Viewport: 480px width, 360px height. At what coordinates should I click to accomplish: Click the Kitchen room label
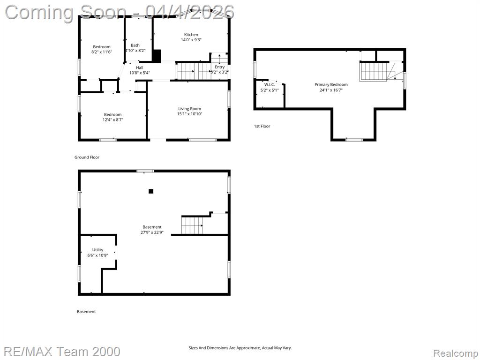[191, 35]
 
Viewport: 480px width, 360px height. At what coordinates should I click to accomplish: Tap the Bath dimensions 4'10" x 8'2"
[135, 51]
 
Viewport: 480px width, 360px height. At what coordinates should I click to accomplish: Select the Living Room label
[189, 109]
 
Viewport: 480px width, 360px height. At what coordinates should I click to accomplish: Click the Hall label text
[140, 67]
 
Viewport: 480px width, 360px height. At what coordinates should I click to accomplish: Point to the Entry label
[220, 67]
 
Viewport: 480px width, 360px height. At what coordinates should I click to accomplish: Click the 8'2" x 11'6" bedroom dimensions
[102, 52]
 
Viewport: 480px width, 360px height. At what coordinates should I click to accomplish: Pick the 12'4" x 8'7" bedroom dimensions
[112, 120]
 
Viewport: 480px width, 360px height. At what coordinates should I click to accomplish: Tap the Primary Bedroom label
[331, 84]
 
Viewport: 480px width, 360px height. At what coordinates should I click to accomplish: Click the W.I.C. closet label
[270, 84]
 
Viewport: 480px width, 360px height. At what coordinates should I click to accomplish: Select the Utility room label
[97, 250]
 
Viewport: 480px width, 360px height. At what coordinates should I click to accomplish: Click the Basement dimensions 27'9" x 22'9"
[152, 232]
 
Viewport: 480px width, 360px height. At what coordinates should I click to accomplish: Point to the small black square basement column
[151, 191]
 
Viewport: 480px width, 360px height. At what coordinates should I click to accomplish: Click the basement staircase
[192, 225]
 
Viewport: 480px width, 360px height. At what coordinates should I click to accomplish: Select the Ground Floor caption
[87, 157]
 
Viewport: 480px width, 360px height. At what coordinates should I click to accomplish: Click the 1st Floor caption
[262, 126]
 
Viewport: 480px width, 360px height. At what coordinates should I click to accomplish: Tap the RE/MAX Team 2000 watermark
[62, 352]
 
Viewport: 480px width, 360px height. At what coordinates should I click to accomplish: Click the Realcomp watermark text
[456, 353]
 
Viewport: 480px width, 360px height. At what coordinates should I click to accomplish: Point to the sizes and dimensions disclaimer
[240, 348]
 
